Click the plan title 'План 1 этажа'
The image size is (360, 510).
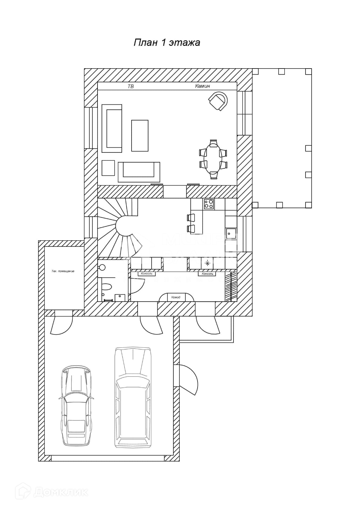167,43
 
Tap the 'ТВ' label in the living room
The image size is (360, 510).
131,86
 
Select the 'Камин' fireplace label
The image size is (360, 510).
202,86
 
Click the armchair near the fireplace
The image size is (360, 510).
218,100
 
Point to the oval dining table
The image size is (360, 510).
213,158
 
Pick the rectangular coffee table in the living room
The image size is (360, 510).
140,135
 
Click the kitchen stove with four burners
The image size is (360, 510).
209,204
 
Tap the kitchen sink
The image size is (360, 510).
231,233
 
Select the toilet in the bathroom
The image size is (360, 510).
107,286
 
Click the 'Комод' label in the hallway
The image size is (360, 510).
176,297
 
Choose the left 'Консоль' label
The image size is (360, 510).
147,274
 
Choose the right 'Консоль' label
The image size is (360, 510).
207,274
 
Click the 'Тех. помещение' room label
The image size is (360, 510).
63,271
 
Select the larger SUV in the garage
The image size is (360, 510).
133,397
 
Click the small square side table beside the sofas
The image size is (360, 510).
108,168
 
